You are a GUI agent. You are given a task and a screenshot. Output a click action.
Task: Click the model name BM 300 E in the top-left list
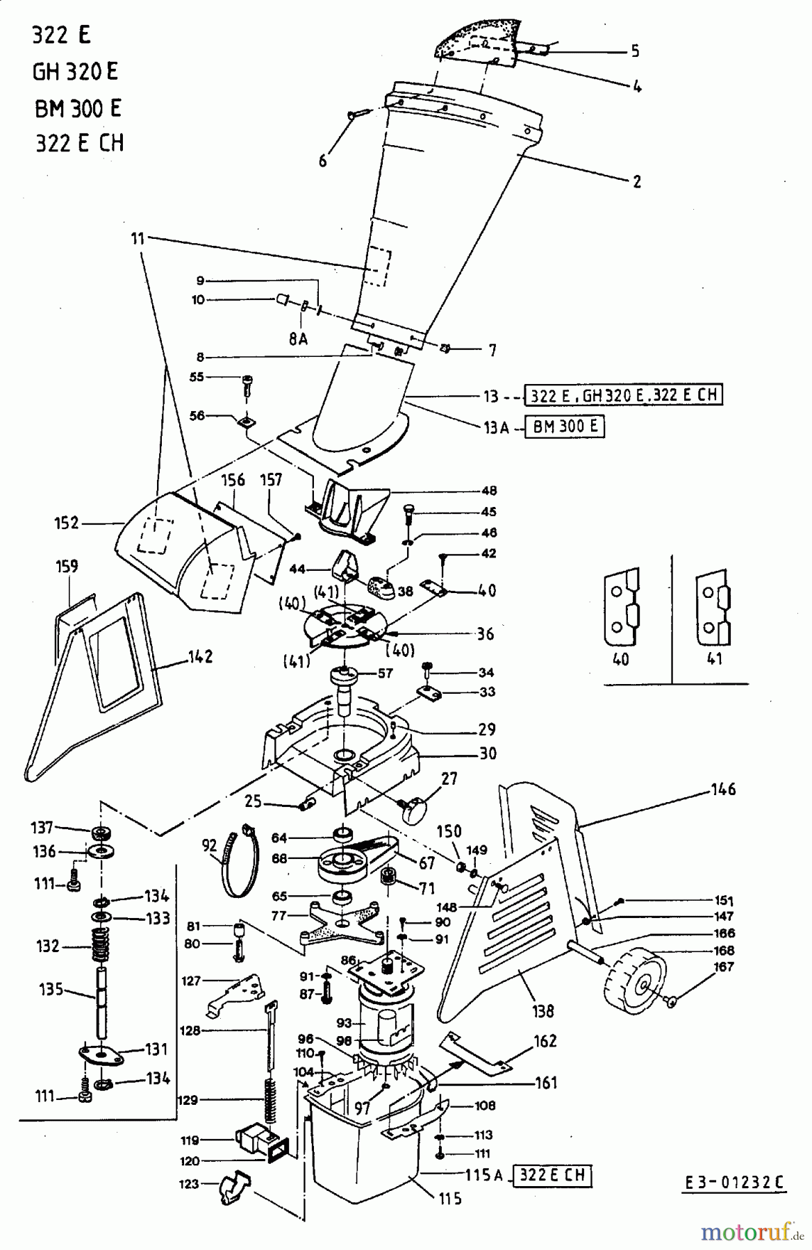click(x=78, y=108)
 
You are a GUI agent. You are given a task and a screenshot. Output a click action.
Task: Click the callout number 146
click(x=723, y=789)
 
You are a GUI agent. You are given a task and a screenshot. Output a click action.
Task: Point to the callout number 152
click(x=67, y=522)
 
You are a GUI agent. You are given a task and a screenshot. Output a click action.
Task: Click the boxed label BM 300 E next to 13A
click(x=565, y=426)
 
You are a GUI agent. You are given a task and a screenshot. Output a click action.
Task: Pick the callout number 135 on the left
click(x=51, y=989)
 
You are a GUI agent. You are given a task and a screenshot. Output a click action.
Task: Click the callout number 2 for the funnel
click(x=636, y=182)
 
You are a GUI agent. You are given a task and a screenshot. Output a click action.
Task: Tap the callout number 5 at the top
click(x=634, y=51)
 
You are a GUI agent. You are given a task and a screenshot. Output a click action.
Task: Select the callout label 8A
click(x=298, y=338)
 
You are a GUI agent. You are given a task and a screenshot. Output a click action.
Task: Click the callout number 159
click(x=67, y=566)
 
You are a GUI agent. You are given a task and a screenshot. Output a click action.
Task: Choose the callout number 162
click(x=545, y=1041)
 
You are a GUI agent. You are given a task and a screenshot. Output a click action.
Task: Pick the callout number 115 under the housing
click(x=450, y=1199)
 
